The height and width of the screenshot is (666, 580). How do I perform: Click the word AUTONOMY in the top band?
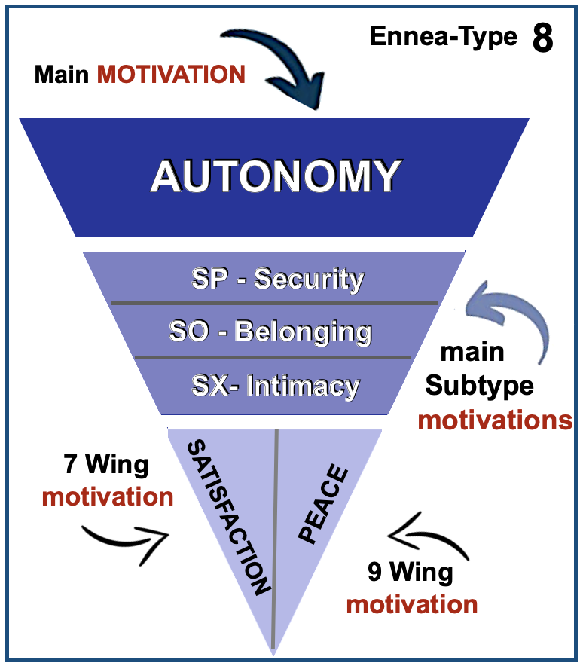coord(275,176)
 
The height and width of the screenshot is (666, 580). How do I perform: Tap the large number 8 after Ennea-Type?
coord(542,38)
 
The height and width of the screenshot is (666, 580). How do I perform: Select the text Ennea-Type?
coord(443,36)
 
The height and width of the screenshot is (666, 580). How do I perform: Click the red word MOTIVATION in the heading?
coord(171,74)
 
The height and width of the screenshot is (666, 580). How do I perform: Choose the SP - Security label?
coord(277,279)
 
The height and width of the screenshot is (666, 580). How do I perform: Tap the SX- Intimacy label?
coord(276,386)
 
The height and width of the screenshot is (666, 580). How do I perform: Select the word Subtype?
coord(479,386)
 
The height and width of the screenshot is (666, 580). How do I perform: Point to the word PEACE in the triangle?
coord(325,505)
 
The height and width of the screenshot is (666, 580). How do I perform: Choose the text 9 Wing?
coord(411,573)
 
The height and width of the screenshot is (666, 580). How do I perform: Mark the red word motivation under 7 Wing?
coord(108,496)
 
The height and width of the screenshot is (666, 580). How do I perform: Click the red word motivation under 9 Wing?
coord(411,604)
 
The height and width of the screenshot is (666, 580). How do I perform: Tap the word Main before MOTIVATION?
coord(63,74)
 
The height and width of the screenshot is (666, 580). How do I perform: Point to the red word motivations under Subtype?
coord(495,419)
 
